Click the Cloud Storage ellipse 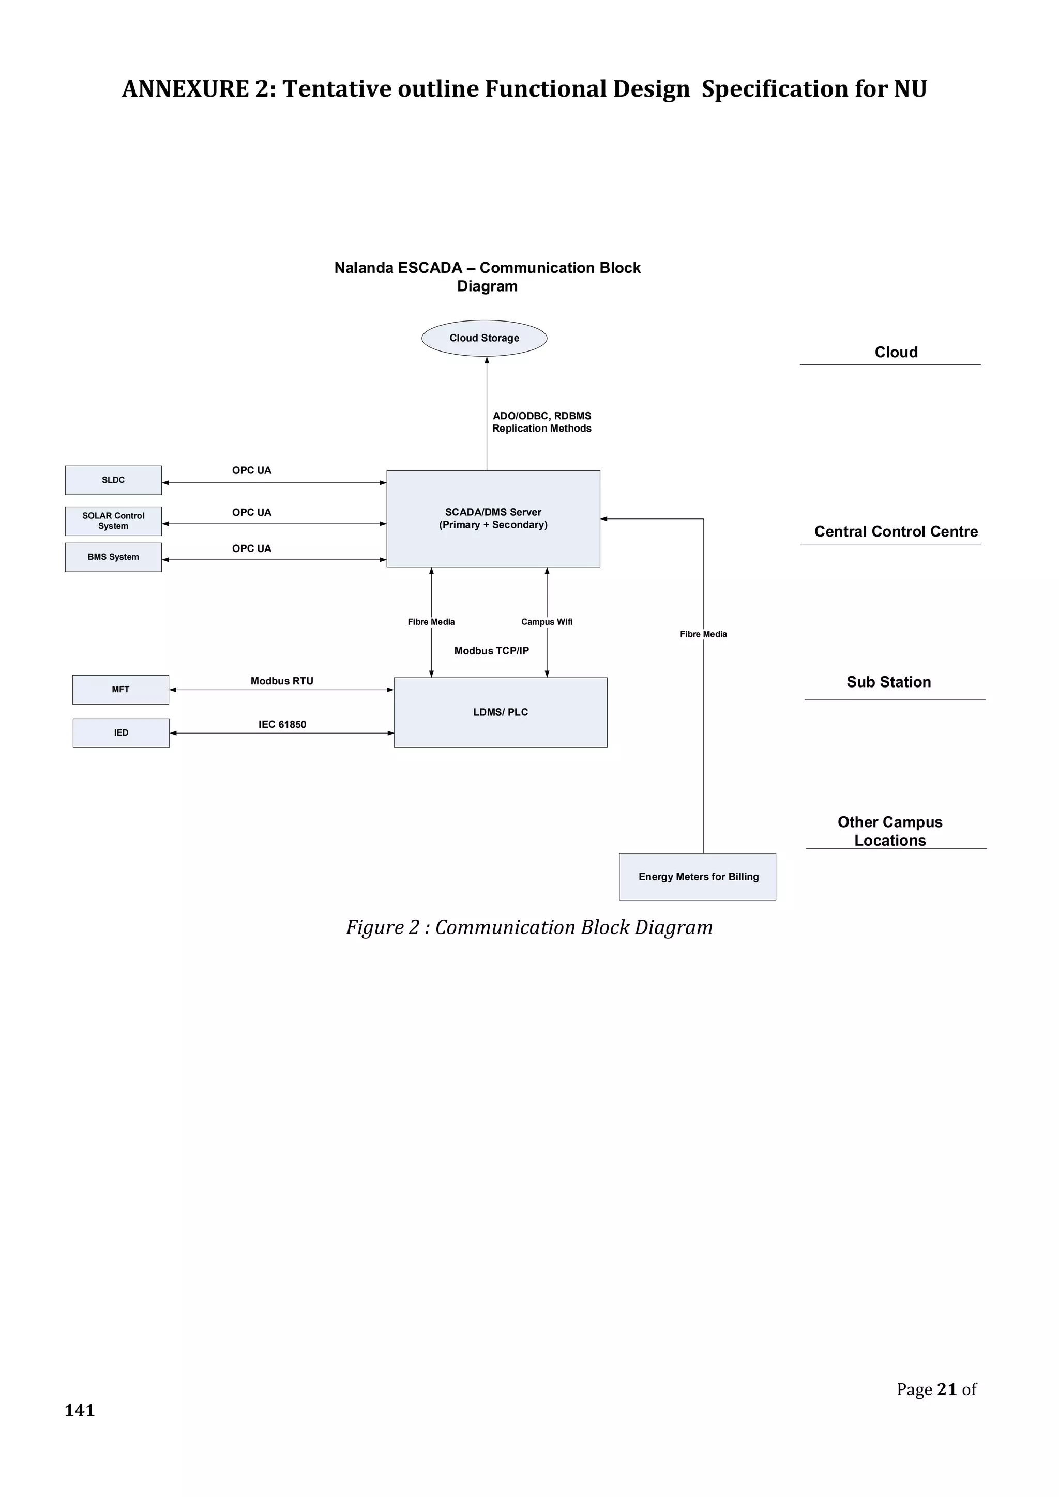[x=484, y=338]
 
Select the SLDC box [x=113, y=480]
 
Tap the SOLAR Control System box [x=113, y=521]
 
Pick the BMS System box [x=113, y=557]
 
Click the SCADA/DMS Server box [x=493, y=518]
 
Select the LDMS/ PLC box [x=500, y=712]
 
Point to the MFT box [x=120, y=689]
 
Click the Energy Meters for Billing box [x=697, y=876]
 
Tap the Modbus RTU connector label [x=282, y=681]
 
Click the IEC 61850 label [x=282, y=724]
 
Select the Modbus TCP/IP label [x=491, y=651]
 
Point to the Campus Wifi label [x=547, y=622]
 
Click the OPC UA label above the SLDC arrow [x=251, y=470]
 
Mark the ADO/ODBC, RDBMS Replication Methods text [x=541, y=422]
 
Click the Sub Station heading [x=888, y=682]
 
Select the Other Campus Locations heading [x=889, y=831]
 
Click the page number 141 [x=80, y=1410]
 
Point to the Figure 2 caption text [x=529, y=927]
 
